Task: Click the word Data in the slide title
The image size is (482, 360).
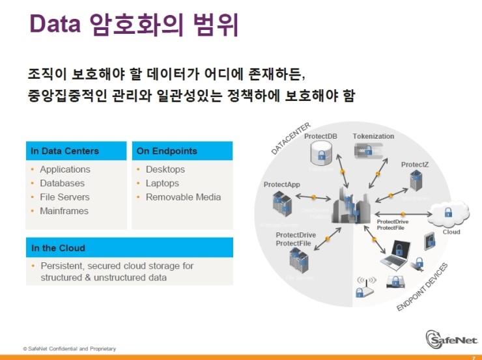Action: tap(55, 25)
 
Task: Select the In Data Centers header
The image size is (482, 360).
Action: tap(65, 151)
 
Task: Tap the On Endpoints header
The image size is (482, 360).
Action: tap(167, 151)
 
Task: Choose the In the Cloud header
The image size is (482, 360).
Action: tap(58, 248)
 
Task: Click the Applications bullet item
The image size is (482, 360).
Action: tap(65, 169)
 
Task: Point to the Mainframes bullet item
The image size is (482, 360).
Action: tap(64, 211)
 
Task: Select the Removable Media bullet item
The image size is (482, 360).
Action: tap(183, 197)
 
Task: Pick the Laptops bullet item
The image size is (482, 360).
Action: tap(162, 184)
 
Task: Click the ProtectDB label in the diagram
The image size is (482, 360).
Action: tap(320, 136)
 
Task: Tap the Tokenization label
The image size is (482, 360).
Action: tap(373, 136)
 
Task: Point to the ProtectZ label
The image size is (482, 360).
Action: tap(414, 165)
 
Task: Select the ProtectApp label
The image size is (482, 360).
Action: tap(281, 185)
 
